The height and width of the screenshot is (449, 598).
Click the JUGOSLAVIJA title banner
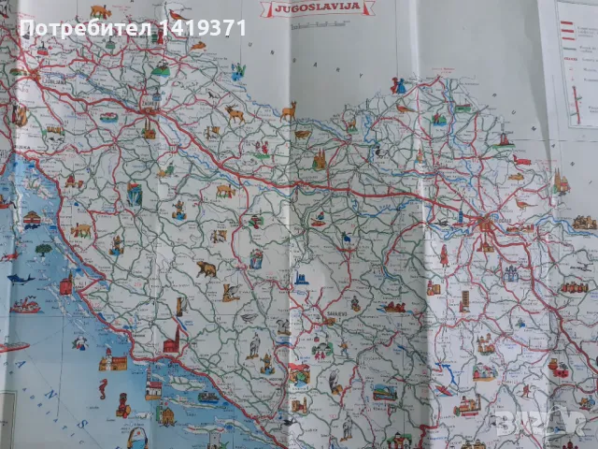(x=319, y=10)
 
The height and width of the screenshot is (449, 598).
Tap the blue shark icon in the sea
(x=21, y=278)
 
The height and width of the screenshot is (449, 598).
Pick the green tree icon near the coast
(x=43, y=250)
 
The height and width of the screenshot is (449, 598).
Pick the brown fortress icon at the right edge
(x=585, y=223)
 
